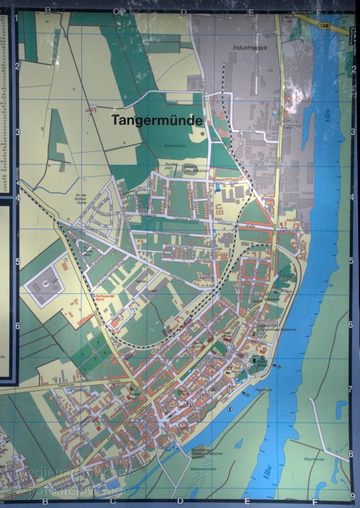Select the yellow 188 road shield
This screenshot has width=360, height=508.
pos(327,26)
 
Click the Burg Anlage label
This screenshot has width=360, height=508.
pos(259,364)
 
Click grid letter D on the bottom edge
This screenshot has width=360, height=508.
pos(180,500)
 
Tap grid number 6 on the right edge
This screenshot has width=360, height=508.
pos(351,324)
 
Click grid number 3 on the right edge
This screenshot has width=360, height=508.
pos(351,132)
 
